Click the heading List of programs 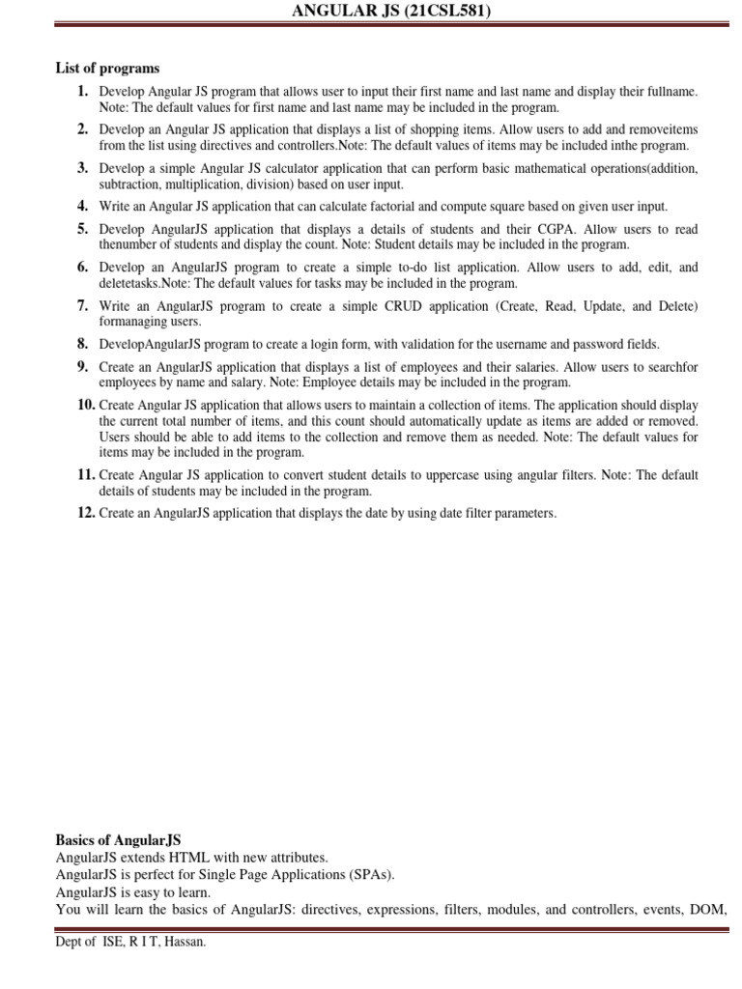tap(107, 69)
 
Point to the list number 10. tap(85, 405)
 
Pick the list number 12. tap(85, 513)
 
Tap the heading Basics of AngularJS tap(118, 840)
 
